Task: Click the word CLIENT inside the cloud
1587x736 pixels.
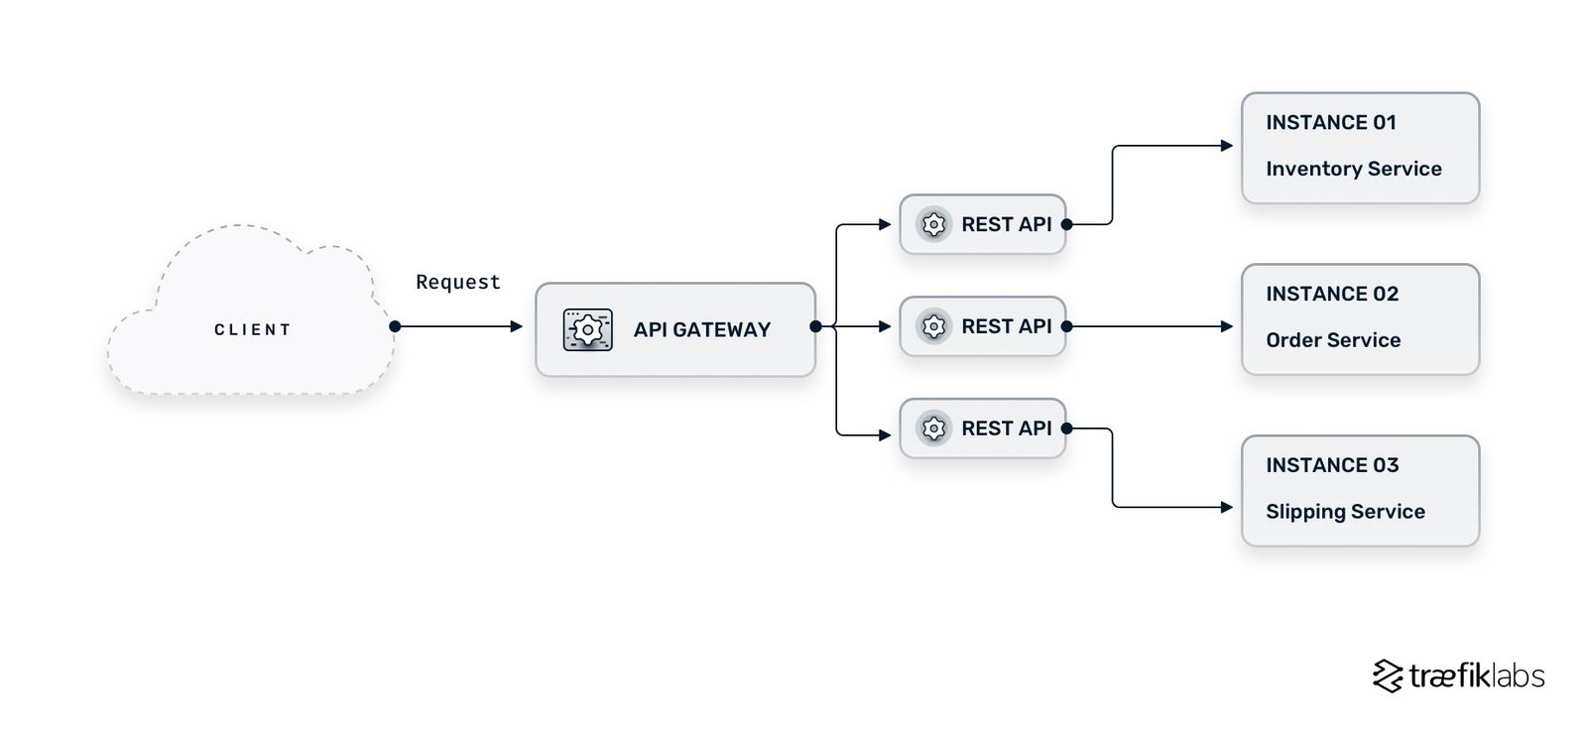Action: [252, 329]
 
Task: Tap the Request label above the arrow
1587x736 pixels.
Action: [457, 282]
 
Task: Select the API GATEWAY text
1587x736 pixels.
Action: [701, 329]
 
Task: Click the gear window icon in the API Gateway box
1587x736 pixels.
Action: [587, 329]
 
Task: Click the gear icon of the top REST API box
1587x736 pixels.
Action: [933, 224]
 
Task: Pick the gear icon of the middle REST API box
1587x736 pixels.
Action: [933, 326]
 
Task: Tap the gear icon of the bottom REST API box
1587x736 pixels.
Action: [933, 429]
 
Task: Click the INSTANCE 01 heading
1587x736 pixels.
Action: [1330, 122]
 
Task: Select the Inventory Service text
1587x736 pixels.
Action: [1353, 169]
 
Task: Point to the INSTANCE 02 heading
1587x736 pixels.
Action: [1331, 294]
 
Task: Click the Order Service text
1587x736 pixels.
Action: [1333, 340]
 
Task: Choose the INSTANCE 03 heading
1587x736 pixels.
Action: [1331, 465]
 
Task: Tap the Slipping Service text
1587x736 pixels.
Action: [1345, 512]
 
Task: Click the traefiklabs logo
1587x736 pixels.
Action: [1458, 675]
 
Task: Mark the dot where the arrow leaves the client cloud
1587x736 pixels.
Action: [395, 326]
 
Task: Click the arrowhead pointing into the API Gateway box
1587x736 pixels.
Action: [517, 326]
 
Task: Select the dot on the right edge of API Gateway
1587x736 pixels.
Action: [815, 326]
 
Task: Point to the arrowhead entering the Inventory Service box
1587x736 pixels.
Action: [1227, 146]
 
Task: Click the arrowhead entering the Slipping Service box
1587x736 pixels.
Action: [1227, 507]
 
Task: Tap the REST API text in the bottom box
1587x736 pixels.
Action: [1006, 429]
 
